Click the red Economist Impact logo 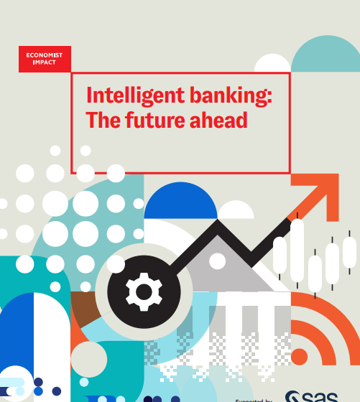pyautogui.click(x=45, y=58)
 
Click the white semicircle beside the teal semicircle pyautogui.click(x=272, y=64)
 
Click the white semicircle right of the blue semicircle pyautogui.click(x=236, y=210)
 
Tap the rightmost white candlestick pyautogui.click(x=350, y=253)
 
